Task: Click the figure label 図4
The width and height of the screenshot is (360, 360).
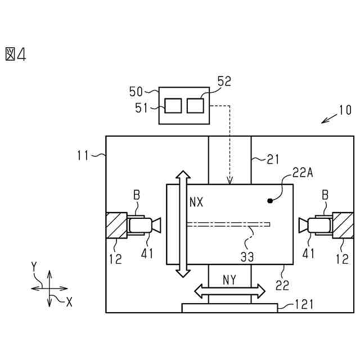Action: (x=16, y=54)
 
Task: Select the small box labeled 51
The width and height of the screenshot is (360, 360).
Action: (x=173, y=105)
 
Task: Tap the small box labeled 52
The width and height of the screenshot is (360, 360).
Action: (x=195, y=105)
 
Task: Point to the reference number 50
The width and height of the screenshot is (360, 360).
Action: (x=136, y=91)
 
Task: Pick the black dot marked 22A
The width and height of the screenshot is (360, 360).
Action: (x=270, y=200)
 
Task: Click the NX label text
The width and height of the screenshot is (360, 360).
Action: (x=196, y=201)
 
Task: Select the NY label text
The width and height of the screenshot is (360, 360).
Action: (x=229, y=280)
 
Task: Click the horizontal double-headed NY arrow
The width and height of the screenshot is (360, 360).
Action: (x=229, y=291)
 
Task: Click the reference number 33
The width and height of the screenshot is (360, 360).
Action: (x=247, y=256)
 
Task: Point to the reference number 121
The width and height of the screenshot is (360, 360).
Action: (x=304, y=304)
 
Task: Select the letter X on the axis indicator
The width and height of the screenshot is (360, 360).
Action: (x=69, y=302)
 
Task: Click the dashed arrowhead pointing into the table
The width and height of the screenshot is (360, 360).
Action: (x=229, y=181)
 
